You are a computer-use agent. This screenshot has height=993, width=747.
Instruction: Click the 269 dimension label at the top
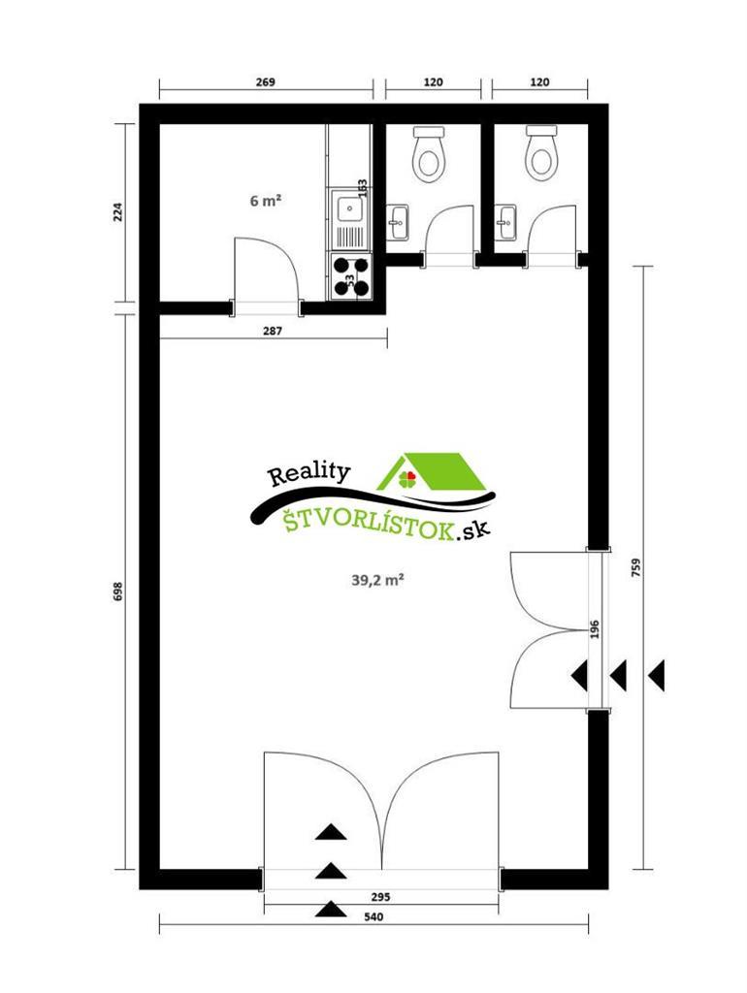click(266, 82)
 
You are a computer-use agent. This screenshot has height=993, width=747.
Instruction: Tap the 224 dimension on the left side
click(117, 213)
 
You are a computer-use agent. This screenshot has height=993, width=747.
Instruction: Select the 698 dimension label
click(117, 592)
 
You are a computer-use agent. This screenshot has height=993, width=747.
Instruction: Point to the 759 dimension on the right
click(635, 567)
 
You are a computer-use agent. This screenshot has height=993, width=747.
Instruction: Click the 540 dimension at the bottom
click(373, 916)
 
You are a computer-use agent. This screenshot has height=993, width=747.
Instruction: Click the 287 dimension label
click(273, 331)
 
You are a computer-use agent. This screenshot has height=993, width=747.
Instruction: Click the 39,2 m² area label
click(377, 581)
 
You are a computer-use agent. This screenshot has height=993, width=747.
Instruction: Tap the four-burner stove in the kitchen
click(350, 274)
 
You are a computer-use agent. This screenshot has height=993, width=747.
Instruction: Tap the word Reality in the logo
click(308, 474)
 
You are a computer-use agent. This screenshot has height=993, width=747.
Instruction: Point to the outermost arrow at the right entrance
click(658, 674)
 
